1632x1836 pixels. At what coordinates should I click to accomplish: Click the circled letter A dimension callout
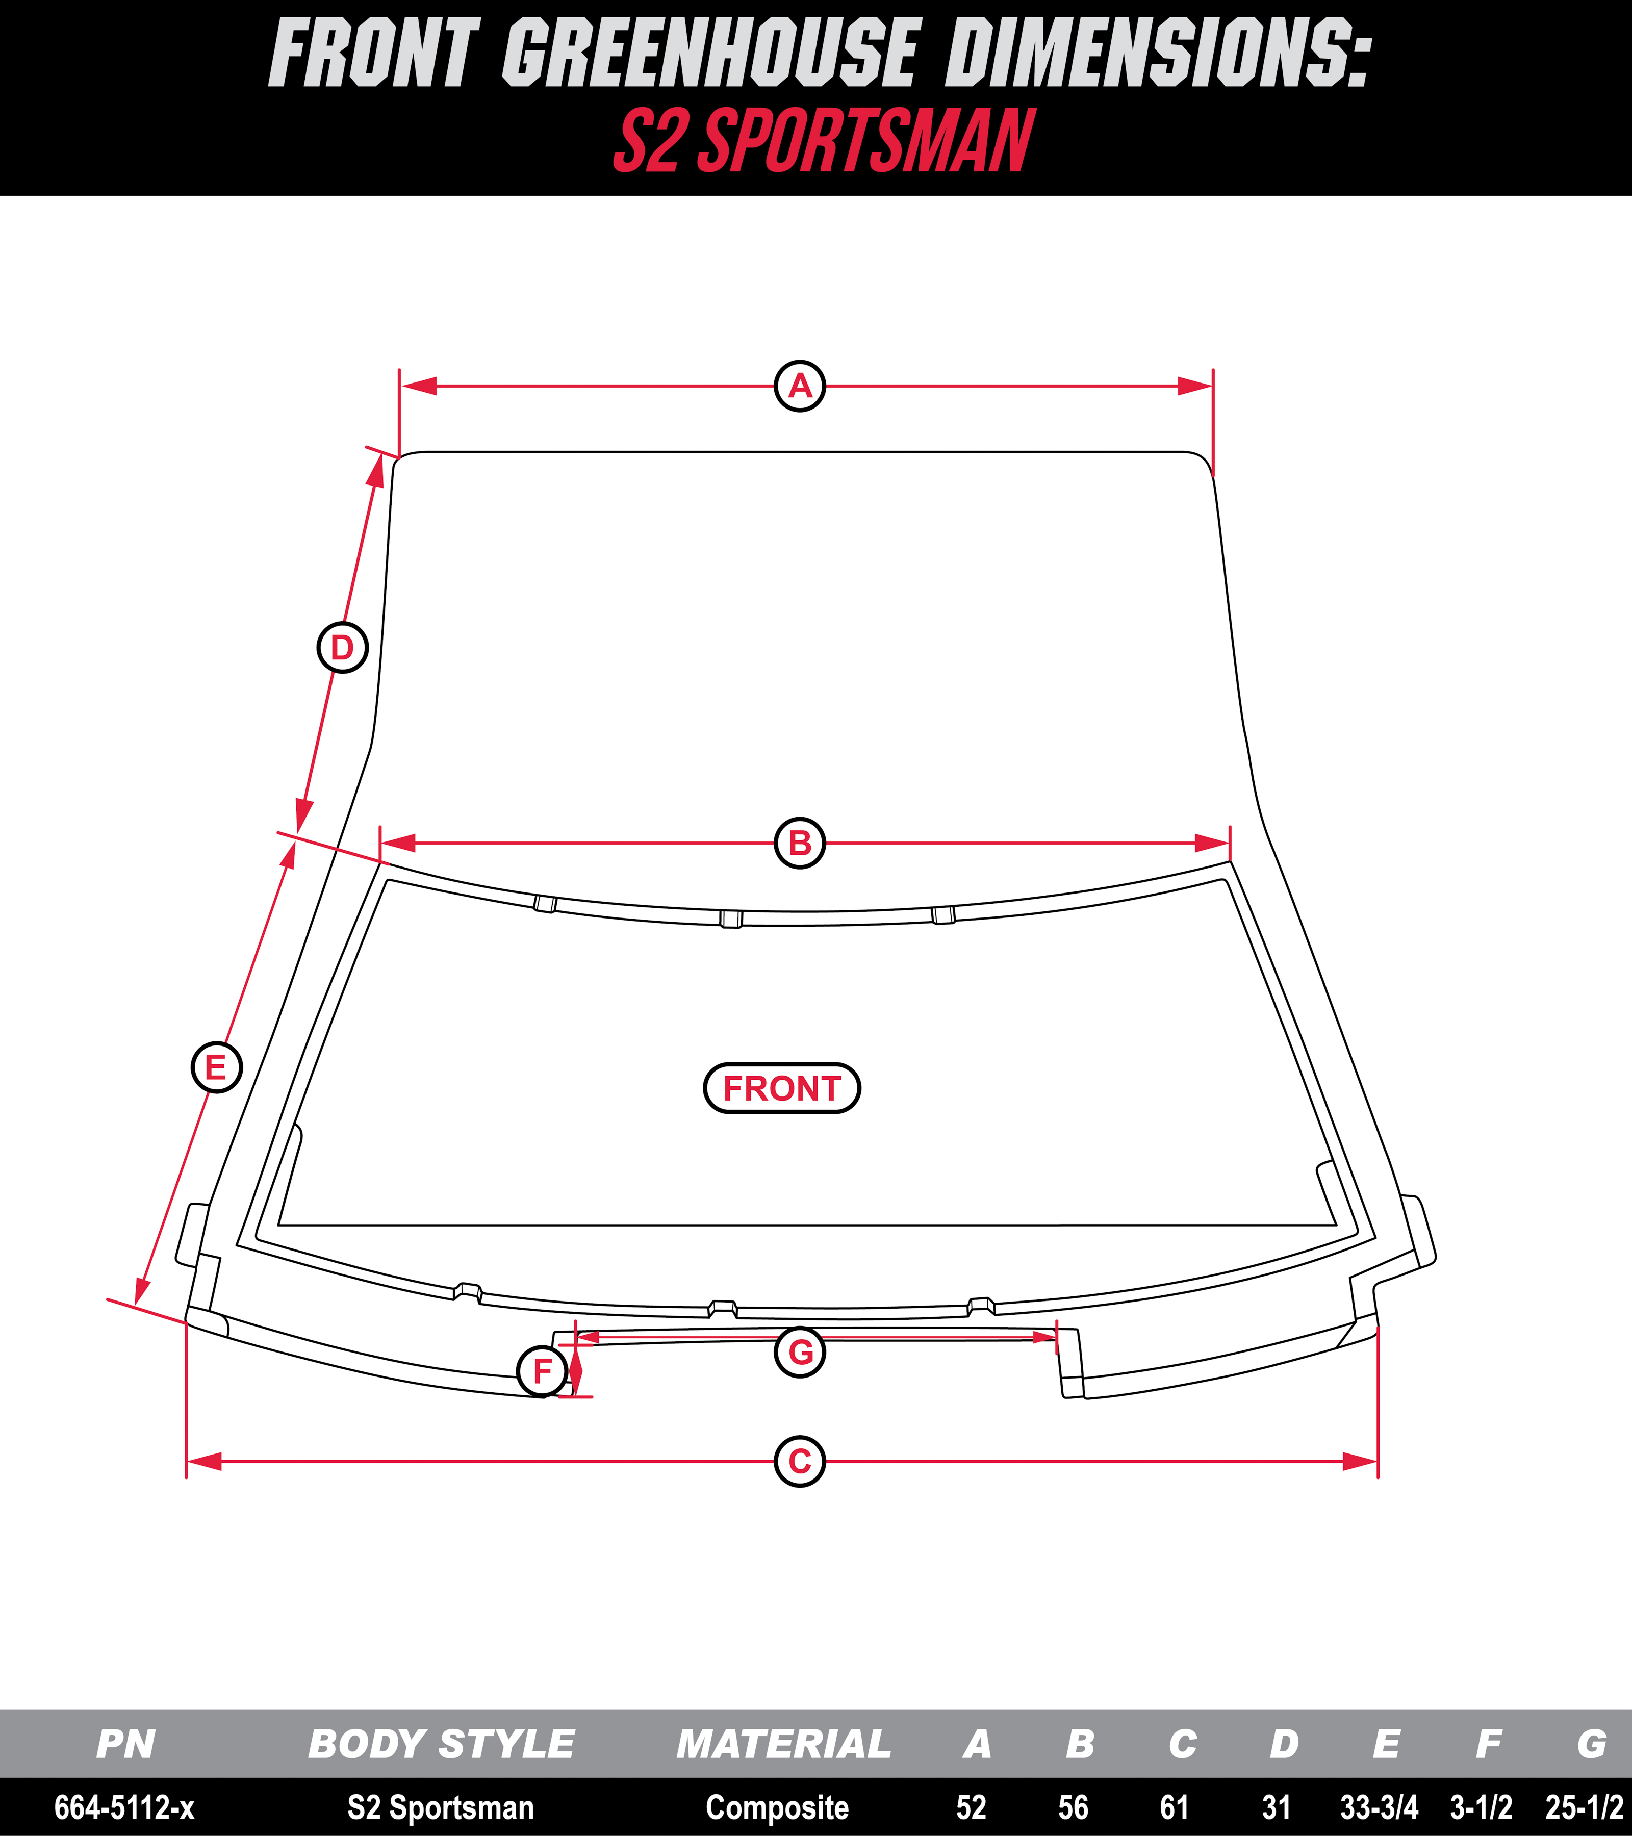pos(799,386)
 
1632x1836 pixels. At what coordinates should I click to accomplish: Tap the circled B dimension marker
pos(799,843)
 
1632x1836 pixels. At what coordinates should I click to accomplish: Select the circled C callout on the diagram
pos(799,1462)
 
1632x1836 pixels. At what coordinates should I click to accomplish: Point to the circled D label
pos(342,647)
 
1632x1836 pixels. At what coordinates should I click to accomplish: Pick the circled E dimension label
pos(216,1067)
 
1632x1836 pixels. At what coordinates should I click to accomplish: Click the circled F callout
pos(543,1371)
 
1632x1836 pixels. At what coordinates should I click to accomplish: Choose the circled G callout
pos(799,1352)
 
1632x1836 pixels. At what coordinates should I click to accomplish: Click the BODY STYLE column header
pos(441,1744)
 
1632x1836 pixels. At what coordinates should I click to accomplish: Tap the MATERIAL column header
pos(783,1744)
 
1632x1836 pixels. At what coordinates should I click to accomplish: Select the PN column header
pos(126,1744)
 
